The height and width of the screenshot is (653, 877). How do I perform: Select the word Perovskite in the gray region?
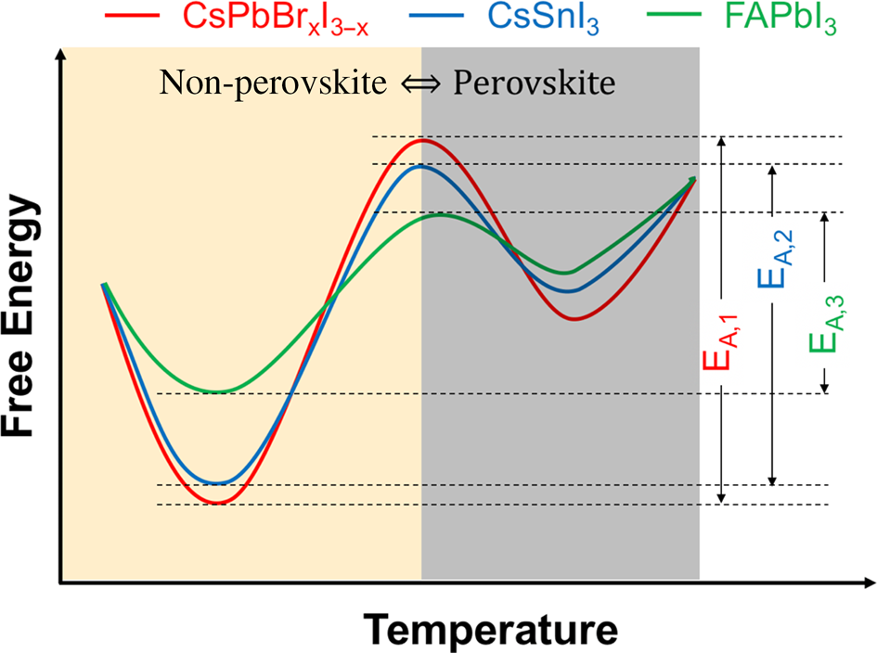coord(534,83)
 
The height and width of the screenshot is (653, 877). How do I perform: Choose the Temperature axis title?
coord(490,630)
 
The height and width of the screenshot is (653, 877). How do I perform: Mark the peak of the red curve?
coord(423,141)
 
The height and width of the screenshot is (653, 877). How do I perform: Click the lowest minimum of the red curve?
coord(217,502)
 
